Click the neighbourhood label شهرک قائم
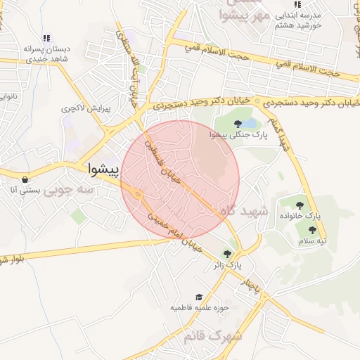212,336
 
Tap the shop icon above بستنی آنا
25,179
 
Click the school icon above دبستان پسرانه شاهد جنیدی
46,39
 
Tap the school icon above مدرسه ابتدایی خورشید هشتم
298,4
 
